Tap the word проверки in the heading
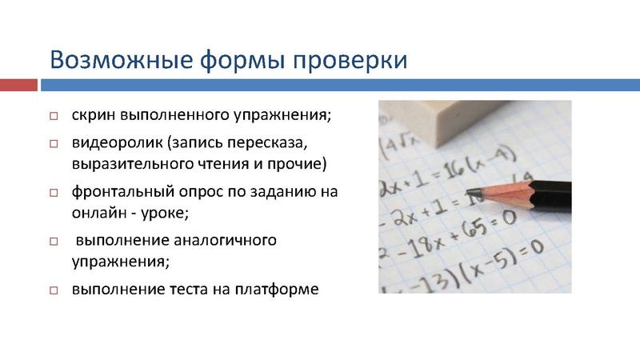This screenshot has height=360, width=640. [x=349, y=61]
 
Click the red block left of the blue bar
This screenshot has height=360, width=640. [x=18, y=84]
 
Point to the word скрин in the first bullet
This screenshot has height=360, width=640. [x=94, y=114]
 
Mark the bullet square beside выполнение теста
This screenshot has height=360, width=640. [x=54, y=290]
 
